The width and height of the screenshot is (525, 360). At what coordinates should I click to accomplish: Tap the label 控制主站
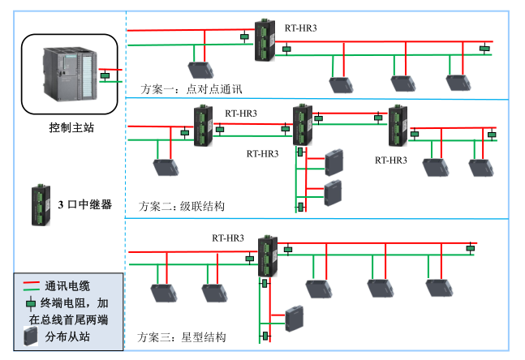[71, 127]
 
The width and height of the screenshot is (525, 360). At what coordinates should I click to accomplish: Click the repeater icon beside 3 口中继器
[38, 205]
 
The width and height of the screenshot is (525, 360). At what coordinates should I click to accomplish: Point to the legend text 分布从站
[71, 336]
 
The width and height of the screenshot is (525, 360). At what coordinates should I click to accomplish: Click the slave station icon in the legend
[32, 337]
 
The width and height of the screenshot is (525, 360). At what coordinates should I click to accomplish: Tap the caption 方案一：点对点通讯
[191, 88]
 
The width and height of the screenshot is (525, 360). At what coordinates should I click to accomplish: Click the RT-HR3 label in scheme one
[300, 28]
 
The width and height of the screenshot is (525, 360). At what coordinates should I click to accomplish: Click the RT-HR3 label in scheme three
[228, 238]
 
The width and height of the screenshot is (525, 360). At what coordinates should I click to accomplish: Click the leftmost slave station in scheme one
[199, 69]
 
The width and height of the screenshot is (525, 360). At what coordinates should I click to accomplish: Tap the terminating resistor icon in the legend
[32, 302]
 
